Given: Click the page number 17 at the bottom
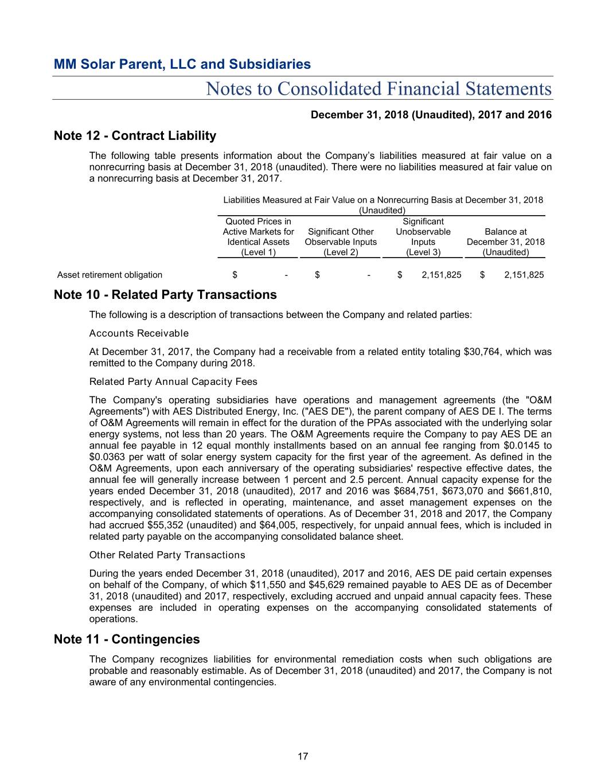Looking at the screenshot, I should pos(302,757).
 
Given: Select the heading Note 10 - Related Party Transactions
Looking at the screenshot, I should pos(165,295).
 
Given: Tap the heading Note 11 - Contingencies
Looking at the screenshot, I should pos(127,640).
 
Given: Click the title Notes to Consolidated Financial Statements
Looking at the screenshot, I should pos(378,89).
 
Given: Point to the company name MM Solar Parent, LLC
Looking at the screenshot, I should pos(182,64).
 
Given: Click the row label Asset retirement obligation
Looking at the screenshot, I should pos(110,275).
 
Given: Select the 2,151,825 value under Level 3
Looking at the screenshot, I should pos(441,275).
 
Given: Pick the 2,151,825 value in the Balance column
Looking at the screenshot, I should pos(524,275).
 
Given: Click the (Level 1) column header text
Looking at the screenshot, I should pos(258,252).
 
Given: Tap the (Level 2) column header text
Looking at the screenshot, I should pos(341,252).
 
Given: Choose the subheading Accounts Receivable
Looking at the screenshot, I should pos(139,334).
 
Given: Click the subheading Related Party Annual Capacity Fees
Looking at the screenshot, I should pos(173,382).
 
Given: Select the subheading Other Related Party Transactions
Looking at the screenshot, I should pos(167,555).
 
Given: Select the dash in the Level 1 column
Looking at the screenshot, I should pos(286,275).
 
